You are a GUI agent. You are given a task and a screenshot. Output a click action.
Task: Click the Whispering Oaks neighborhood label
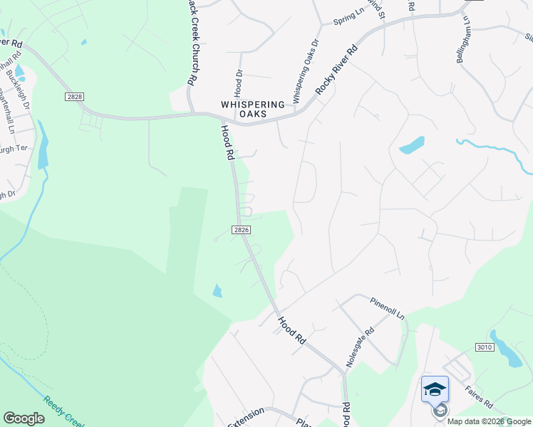click(x=253, y=109)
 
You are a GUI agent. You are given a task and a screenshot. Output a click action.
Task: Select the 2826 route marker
click(x=242, y=230)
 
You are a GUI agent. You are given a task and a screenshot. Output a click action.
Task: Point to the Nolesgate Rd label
click(x=360, y=347)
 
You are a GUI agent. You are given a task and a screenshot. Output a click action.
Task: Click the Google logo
click(x=24, y=418)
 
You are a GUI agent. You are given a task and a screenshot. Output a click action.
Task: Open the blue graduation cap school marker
click(x=435, y=389)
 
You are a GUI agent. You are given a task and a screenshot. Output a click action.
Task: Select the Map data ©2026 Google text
click(x=488, y=421)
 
